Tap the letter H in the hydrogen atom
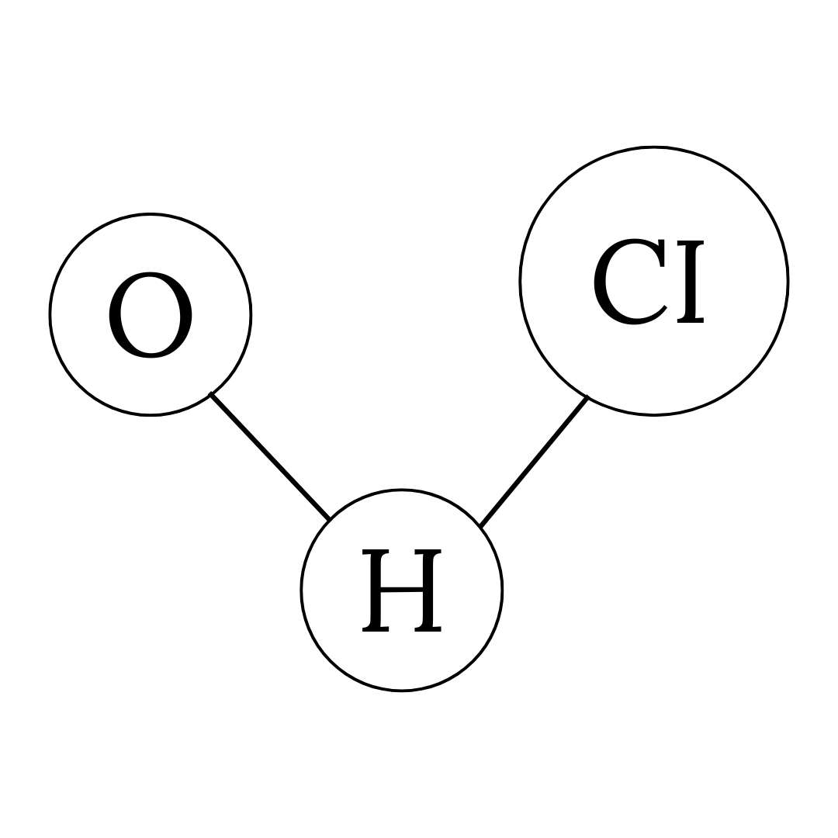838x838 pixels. click(402, 590)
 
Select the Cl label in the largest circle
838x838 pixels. click(649, 281)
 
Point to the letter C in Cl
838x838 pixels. click(629, 281)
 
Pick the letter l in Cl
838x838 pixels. click(691, 281)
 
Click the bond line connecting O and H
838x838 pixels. click(270, 456)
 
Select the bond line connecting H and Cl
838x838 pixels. click(534, 462)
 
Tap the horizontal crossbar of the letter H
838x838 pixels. click(402, 590)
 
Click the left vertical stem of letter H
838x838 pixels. click(376, 590)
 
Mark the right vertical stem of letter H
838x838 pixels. click(428, 590)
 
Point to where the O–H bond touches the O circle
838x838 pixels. click(211, 394)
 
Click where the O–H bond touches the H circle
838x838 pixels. click(330, 519)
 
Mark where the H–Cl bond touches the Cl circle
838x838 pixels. click(587, 397)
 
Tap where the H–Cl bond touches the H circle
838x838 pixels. click(480, 527)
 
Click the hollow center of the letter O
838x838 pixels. click(151, 314)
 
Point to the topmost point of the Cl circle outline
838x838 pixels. click(654, 147)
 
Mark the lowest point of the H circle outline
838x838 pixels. click(402, 690)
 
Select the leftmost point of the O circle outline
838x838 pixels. click(50, 314)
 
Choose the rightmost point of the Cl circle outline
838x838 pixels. click(788, 281)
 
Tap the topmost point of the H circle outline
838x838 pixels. click(402, 490)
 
